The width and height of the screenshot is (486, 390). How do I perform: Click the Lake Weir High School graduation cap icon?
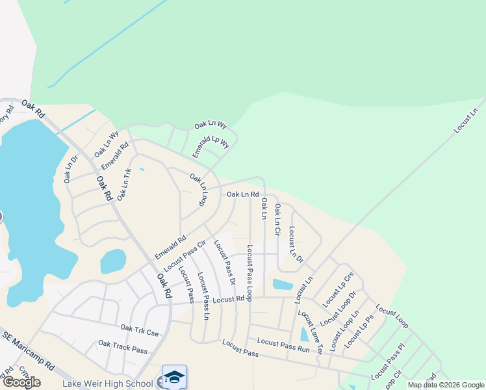pyautogui.click(x=174, y=377)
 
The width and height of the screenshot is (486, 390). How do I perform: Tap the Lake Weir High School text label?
pyautogui.click(x=107, y=383)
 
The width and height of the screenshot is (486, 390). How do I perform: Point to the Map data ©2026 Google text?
pyautogui.click(x=446, y=385)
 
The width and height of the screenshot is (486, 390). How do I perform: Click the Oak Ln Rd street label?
pyautogui.click(x=243, y=194)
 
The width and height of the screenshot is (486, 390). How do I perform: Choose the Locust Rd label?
pyautogui.click(x=231, y=299)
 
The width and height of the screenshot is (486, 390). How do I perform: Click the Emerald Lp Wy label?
pyautogui.click(x=211, y=147)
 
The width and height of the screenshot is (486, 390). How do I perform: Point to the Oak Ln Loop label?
pyautogui.click(x=198, y=190)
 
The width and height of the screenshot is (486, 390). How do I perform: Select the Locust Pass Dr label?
pyautogui.click(x=224, y=262)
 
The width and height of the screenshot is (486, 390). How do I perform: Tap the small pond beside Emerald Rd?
pyautogui.click(x=112, y=262)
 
